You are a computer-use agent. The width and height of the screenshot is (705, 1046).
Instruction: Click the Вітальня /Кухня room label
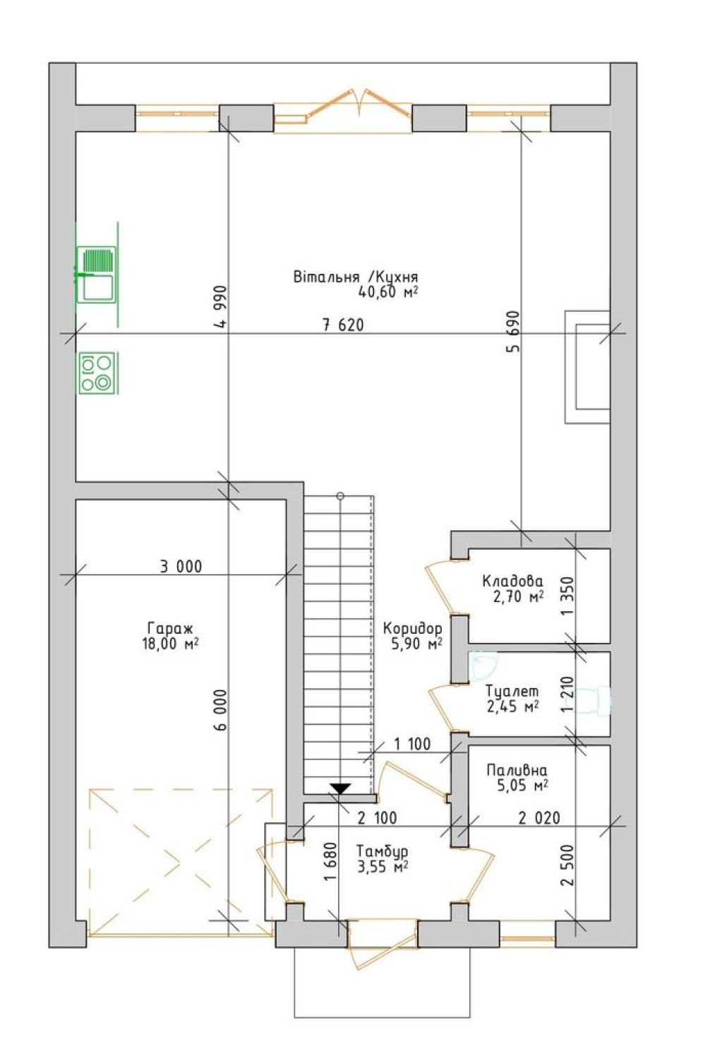[356, 277]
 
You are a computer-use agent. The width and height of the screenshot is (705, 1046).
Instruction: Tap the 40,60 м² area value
[387, 292]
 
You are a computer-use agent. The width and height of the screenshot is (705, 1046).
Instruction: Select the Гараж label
[170, 627]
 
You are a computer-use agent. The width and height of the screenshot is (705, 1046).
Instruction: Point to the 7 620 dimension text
[343, 325]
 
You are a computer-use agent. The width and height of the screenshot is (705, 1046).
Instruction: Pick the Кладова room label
[513, 582]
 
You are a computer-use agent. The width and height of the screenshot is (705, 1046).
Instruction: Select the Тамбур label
[382, 850]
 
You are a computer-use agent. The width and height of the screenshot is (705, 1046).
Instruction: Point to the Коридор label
[412, 629]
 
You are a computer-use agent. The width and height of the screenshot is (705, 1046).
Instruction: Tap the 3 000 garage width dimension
[181, 566]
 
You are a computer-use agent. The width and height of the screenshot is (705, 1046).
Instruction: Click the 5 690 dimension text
[514, 332]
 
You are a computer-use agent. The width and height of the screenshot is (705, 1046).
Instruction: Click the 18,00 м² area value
[170, 644]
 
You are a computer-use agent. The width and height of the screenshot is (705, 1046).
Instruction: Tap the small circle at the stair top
[340, 495]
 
